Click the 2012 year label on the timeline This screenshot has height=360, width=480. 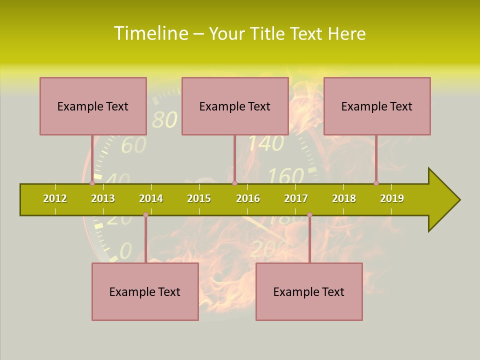pyautogui.click(x=55, y=198)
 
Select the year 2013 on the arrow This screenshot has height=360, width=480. pyautogui.click(x=103, y=198)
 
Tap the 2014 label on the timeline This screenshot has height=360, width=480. pyautogui.click(x=151, y=198)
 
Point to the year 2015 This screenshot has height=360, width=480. pyautogui.click(x=199, y=198)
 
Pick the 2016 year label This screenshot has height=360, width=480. pyautogui.click(x=248, y=198)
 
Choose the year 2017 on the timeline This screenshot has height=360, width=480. pyautogui.click(x=296, y=198)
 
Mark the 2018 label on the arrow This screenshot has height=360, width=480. pyautogui.click(x=344, y=198)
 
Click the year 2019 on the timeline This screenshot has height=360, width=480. pyautogui.click(x=392, y=198)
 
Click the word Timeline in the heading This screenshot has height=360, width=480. pyautogui.click(x=149, y=33)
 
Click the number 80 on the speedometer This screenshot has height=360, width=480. pyautogui.click(x=164, y=120)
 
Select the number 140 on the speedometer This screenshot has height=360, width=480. pyautogui.click(x=266, y=144)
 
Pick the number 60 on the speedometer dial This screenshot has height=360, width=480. pyautogui.click(x=134, y=145)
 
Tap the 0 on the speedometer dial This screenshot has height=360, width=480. pyautogui.click(x=126, y=249)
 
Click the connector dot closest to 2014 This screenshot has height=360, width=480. pyautogui.click(x=145, y=215)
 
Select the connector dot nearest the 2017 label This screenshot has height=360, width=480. pyautogui.click(x=309, y=215)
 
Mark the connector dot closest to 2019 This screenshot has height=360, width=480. pyautogui.click(x=376, y=183)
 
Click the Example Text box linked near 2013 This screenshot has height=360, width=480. pyautogui.click(x=93, y=106)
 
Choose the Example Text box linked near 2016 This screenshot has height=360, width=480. pyautogui.click(x=235, y=106)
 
